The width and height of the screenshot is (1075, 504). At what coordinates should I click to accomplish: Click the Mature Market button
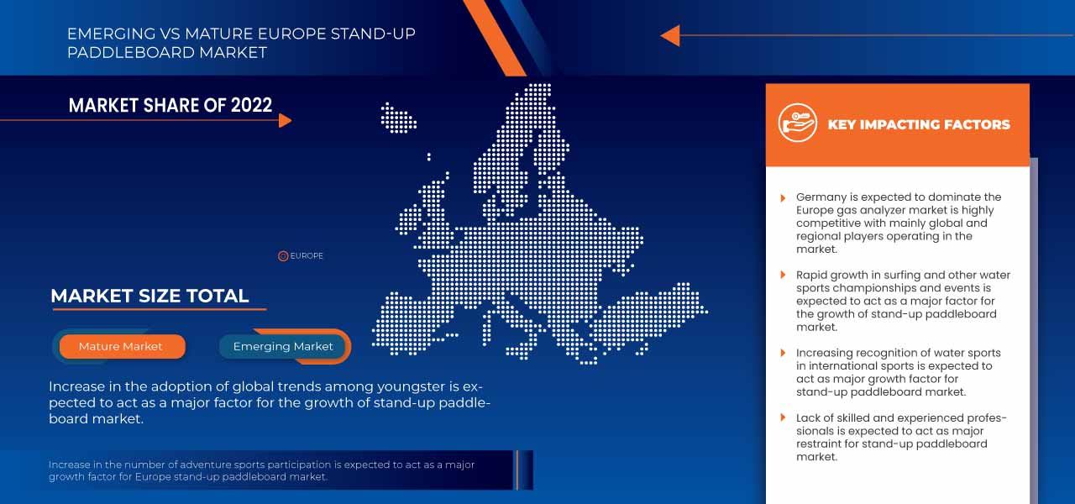[x=121, y=346]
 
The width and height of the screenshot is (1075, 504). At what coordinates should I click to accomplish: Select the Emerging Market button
[x=283, y=346]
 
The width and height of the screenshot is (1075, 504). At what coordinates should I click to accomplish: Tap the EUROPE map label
[x=307, y=256]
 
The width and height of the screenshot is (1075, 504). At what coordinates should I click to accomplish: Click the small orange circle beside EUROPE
[x=283, y=256]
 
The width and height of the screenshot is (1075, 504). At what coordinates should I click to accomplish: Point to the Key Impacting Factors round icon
[x=797, y=123]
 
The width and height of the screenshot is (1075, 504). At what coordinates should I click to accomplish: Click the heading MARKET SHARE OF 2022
[x=170, y=105]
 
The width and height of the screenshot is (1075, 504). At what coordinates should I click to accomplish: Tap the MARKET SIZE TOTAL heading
[x=149, y=296]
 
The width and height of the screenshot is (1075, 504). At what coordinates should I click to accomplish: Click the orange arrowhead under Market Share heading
[x=285, y=120]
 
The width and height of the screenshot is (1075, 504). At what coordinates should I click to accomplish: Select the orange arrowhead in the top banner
[x=670, y=35]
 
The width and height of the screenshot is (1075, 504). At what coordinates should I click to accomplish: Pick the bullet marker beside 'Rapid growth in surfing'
[x=784, y=276]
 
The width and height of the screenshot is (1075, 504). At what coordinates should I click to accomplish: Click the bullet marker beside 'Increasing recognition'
[x=784, y=354]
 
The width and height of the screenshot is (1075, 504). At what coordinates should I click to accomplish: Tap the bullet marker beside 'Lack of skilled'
[x=784, y=418]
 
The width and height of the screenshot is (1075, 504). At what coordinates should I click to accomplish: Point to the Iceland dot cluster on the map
[x=399, y=118]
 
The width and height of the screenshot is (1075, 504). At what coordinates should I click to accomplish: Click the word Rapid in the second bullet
[x=813, y=276]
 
